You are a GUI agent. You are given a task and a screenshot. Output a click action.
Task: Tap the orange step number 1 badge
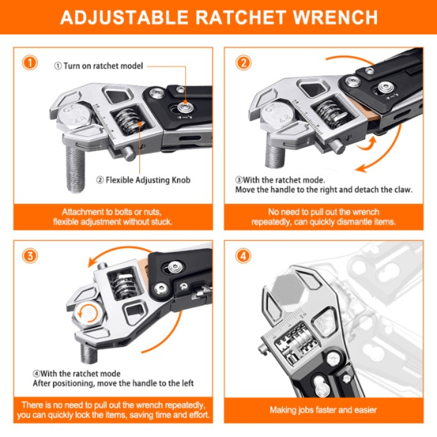pyautogui.click(x=29, y=63)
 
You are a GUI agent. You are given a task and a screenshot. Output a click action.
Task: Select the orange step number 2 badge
pyautogui.click(x=243, y=63)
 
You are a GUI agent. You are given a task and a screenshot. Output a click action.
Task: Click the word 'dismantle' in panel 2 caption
pyautogui.click(x=361, y=222)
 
